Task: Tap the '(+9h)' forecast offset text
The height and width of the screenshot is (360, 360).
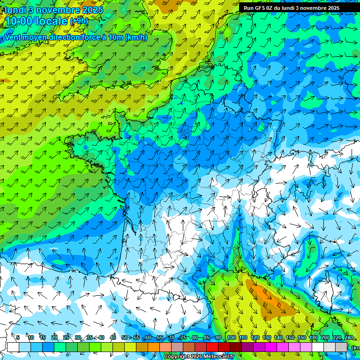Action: (x=79, y=21)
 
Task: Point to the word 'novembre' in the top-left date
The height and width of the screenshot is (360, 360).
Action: (x=59, y=10)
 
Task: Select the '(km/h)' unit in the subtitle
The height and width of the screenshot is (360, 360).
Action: (x=136, y=37)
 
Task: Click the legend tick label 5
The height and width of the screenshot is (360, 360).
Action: (x=18, y=337)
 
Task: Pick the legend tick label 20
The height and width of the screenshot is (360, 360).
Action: (x=54, y=337)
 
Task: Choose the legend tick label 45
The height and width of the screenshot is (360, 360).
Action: (x=113, y=337)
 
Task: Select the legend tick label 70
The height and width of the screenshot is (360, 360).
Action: (x=172, y=337)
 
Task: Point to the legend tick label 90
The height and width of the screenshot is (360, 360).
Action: (x=218, y=337)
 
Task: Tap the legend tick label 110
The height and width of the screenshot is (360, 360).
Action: (x=243, y=337)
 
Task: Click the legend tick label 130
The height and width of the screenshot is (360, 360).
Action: (x=266, y=337)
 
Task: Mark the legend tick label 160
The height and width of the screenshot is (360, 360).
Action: (x=301, y=337)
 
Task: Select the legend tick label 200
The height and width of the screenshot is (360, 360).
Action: (x=325, y=337)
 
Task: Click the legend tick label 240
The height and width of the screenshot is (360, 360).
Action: (x=348, y=337)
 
